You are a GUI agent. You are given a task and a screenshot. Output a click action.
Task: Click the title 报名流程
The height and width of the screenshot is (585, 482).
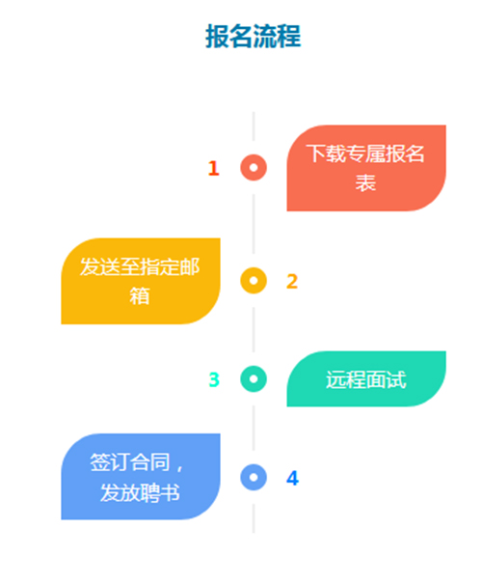click(253, 36)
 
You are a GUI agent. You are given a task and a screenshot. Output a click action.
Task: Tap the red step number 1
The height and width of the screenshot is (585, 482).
click(213, 168)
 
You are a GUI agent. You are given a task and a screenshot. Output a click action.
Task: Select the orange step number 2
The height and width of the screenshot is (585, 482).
click(292, 281)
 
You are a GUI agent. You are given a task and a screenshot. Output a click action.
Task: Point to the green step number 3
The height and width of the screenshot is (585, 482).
click(214, 379)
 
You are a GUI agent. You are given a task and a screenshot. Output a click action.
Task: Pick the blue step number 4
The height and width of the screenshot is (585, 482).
click(292, 478)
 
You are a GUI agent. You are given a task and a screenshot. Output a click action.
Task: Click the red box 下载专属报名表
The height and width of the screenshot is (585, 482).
click(366, 168)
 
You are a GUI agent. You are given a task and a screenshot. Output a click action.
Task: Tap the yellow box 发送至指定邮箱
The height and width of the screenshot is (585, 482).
click(141, 281)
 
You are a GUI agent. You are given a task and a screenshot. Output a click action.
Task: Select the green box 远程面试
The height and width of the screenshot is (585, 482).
click(366, 378)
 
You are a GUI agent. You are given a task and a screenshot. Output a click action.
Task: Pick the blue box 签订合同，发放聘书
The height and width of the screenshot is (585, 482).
click(141, 477)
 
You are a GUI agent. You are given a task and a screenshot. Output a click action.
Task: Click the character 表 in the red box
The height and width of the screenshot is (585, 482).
click(365, 182)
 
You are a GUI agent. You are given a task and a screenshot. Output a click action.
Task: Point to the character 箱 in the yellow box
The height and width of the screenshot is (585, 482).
click(140, 296)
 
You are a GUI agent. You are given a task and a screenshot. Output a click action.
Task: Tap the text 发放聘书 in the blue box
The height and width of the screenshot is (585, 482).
click(140, 492)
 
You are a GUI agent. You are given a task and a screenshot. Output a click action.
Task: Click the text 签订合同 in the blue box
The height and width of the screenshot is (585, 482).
click(130, 462)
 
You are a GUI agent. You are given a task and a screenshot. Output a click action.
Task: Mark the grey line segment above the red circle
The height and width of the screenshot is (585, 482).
click(254, 126)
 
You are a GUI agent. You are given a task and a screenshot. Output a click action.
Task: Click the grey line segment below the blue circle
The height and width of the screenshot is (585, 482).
click(254, 518)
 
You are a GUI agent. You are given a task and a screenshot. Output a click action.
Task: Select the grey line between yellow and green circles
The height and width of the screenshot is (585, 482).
click(254, 330)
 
